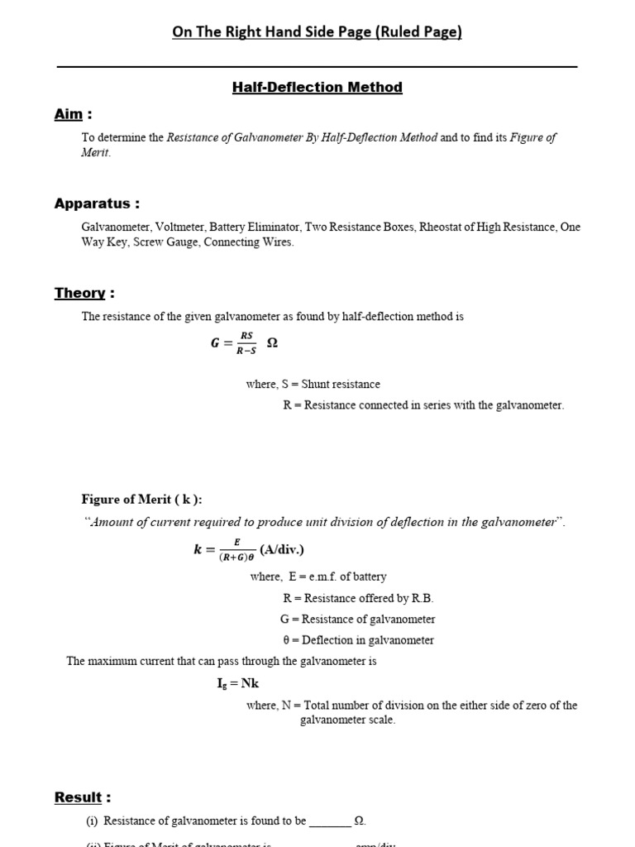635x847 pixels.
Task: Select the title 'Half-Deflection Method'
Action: [317, 87]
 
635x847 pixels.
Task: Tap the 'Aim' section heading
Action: [73, 114]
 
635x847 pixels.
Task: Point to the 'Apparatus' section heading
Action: [97, 203]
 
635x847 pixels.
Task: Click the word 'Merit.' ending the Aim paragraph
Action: [95, 153]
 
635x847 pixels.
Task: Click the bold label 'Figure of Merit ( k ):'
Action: [141, 499]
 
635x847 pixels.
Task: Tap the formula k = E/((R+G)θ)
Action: [224, 551]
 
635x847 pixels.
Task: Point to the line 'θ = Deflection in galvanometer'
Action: [356, 640]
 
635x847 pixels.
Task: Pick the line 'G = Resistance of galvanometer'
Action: [357, 619]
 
